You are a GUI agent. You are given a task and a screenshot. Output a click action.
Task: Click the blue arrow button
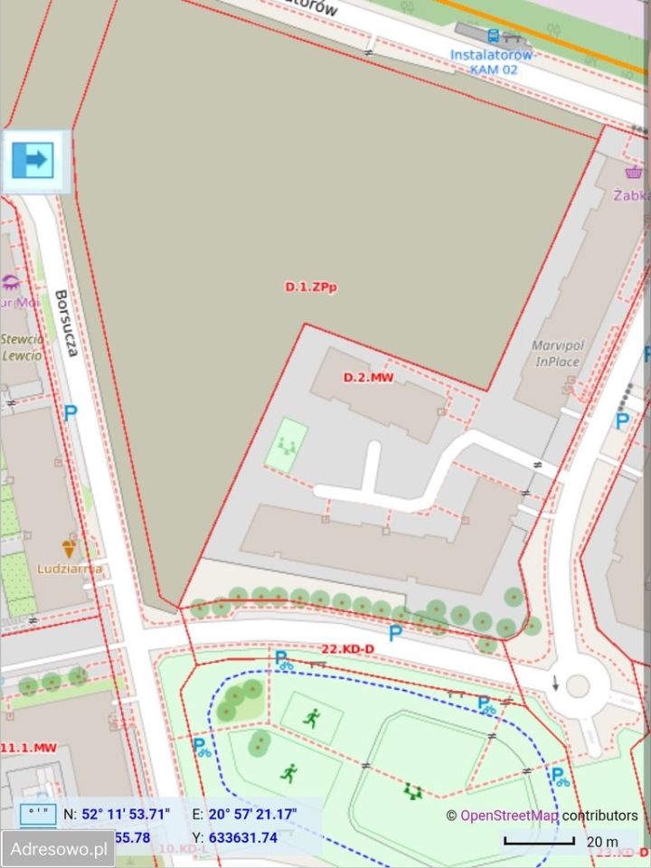tap(33, 161)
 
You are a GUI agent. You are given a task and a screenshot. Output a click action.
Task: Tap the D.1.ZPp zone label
tap(311, 287)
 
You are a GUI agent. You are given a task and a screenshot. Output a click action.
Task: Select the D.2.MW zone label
tap(368, 377)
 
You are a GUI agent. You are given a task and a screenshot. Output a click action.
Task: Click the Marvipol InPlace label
tap(556, 354)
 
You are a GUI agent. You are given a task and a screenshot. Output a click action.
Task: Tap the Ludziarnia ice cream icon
tap(69, 548)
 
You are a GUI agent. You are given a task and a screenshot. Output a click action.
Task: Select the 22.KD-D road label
tap(348, 649)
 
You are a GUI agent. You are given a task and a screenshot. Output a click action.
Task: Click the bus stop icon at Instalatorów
tap(493, 36)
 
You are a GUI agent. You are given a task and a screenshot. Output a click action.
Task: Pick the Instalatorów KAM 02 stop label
tap(492, 61)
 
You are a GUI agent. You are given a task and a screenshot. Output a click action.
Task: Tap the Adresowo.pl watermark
tap(58, 849)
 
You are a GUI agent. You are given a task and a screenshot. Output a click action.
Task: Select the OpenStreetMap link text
tap(509, 816)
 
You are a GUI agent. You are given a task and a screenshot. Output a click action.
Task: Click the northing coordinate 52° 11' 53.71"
tap(126, 814)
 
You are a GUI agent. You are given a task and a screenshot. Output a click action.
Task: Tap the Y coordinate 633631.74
tap(243, 837)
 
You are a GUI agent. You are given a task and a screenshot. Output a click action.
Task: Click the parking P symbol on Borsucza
tap(70, 413)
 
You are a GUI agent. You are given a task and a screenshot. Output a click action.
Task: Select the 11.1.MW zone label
tap(29, 748)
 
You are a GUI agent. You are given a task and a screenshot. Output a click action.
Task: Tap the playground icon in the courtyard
tap(288, 445)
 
